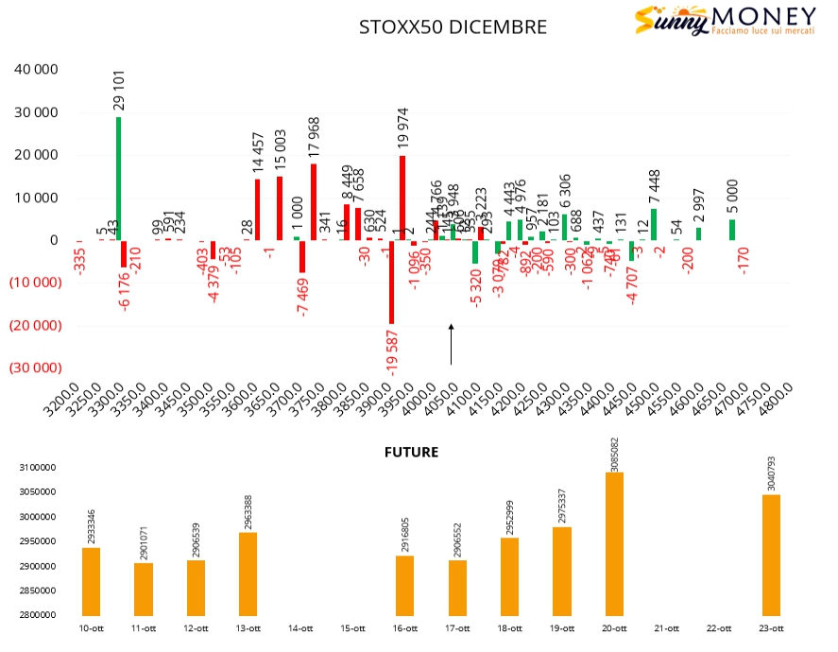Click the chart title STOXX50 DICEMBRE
(453, 26)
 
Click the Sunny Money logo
(726, 20)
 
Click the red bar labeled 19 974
(402, 197)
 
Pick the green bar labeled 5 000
(732, 230)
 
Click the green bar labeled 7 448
(654, 224)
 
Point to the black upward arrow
(451, 344)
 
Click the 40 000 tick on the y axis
(38, 70)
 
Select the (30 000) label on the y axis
(35, 368)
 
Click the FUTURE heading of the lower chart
(411, 452)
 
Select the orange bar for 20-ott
(614, 543)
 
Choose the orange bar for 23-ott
(771, 555)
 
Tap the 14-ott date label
(300, 628)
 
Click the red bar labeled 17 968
(314, 201)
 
